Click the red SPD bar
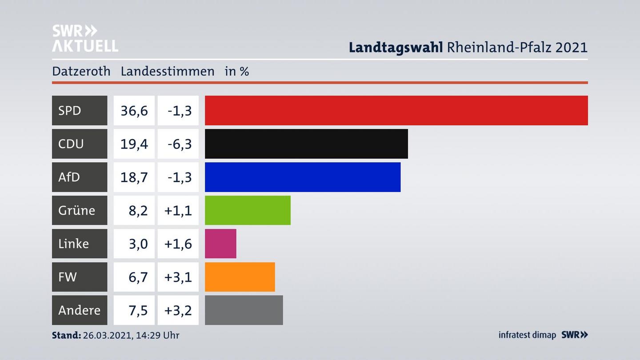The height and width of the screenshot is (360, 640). pos(396,110)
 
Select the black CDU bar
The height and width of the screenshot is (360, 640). pos(306,144)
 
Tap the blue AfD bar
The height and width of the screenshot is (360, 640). pos(302,177)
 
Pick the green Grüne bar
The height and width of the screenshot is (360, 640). pos(248,210)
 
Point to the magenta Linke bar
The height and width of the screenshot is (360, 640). pos(220,244)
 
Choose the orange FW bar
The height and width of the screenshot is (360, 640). pos(240,277)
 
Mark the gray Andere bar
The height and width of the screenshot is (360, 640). pos(244,310)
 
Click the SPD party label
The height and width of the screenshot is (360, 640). pos(70,110)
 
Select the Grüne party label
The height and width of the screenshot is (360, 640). pos(76,210)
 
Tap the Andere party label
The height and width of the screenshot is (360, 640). pos(79,310)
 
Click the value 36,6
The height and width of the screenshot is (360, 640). pos(134,110)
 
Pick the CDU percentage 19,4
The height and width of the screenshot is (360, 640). pos(134,144)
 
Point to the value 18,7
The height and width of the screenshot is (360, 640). pos(134,177)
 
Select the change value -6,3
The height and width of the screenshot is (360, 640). pos(180,144)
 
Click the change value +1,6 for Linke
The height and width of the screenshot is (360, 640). pos(178,244)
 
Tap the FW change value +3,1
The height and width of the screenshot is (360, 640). pos(178,277)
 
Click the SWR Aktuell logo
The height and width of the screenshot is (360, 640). pos(85,38)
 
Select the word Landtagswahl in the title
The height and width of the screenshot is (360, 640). pos(396,47)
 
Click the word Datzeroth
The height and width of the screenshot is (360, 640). pos(81,71)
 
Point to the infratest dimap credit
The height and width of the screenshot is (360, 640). pos(527,335)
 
